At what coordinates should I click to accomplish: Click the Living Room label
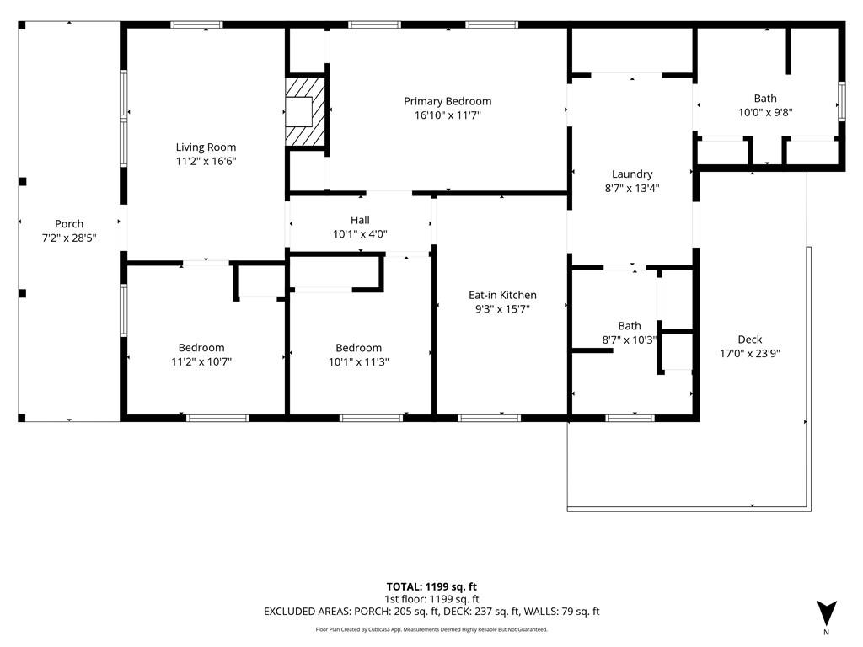pyautogui.click(x=206, y=147)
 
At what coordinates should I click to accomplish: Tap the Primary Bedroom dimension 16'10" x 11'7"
pyautogui.click(x=448, y=115)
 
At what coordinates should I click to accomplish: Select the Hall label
pyautogui.click(x=360, y=220)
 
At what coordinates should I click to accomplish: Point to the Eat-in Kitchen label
pyautogui.click(x=502, y=295)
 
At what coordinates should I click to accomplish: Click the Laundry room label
pyautogui.click(x=632, y=174)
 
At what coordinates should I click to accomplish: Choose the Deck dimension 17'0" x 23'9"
pyautogui.click(x=749, y=353)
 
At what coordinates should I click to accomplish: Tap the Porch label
pyautogui.click(x=69, y=224)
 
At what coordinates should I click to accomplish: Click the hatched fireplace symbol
pyautogui.click(x=304, y=112)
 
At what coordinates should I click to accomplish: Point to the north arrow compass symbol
pyautogui.click(x=827, y=612)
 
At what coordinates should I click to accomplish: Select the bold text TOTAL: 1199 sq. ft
pyautogui.click(x=431, y=586)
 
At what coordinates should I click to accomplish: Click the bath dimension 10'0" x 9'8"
pyautogui.click(x=765, y=112)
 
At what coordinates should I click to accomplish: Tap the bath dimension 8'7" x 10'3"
pyautogui.click(x=630, y=340)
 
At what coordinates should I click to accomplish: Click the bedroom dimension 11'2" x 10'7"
pyautogui.click(x=201, y=361)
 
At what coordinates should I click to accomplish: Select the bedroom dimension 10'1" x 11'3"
pyautogui.click(x=359, y=361)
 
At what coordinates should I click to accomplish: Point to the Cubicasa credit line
pyautogui.click(x=431, y=629)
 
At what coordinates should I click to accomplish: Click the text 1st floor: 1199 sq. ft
pyautogui.click(x=431, y=599)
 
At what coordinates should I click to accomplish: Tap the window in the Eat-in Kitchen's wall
pyautogui.click(x=490, y=418)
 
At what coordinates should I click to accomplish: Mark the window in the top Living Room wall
pyautogui.click(x=196, y=24)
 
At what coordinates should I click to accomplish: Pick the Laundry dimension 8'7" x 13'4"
pyautogui.click(x=632, y=188)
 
